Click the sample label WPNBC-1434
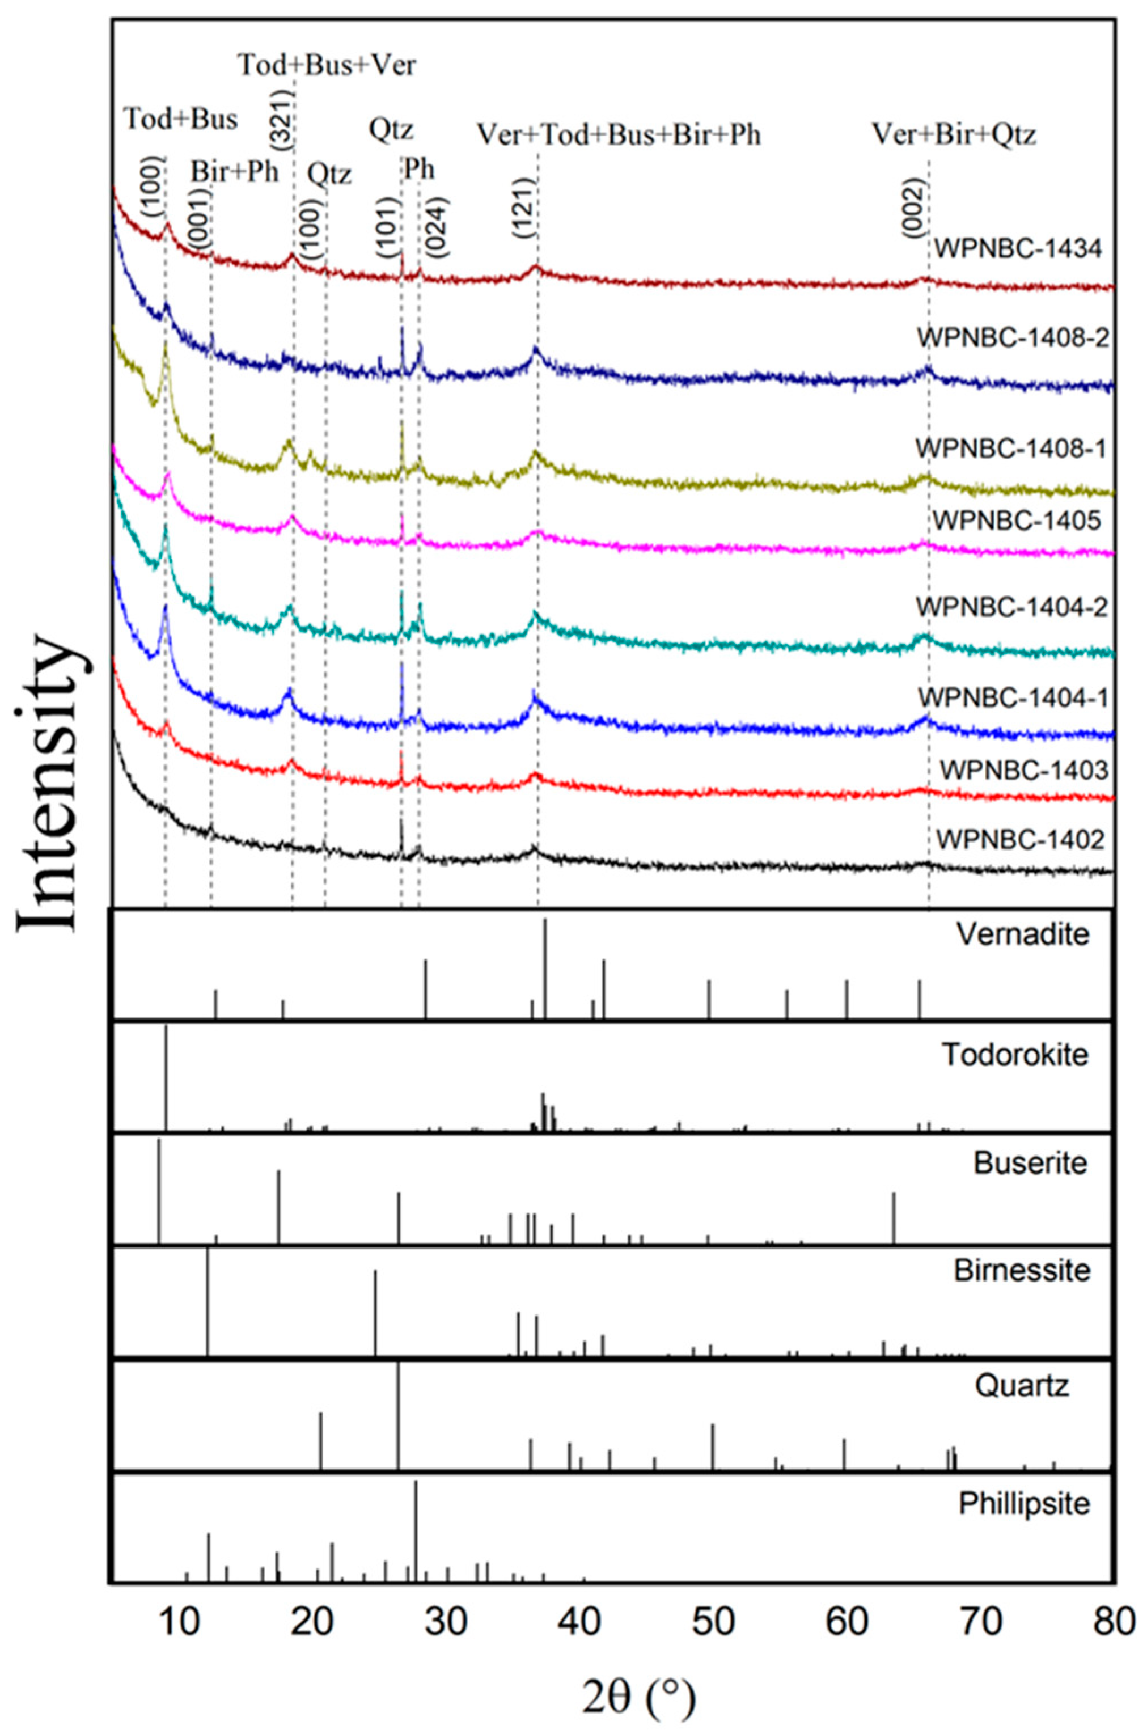pos(1018,250)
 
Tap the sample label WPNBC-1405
pos(1017,522)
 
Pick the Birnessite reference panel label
pos(1021,1271)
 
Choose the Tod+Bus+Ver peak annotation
pos(328,66)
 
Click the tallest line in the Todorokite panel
pos(166,1077)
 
